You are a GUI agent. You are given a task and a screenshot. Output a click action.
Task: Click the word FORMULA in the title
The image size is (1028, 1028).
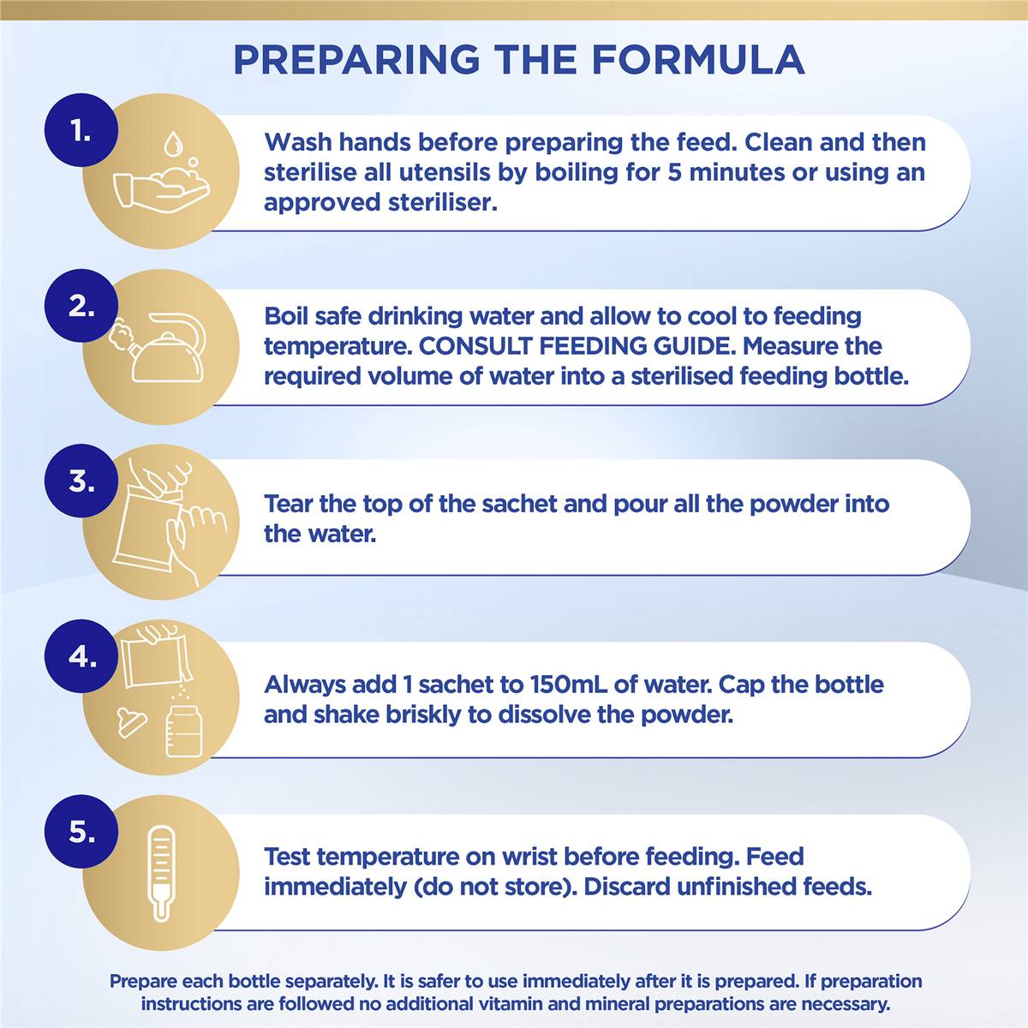tap(698, 59)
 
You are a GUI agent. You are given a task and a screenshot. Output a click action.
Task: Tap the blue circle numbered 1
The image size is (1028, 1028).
tap(81, 131)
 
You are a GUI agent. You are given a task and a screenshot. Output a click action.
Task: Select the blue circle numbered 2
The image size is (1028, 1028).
tap(81, 306)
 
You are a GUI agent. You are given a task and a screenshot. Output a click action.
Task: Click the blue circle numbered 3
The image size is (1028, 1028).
tap(81, 481)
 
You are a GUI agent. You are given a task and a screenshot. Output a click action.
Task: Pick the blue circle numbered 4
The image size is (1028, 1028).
tap(81, 656)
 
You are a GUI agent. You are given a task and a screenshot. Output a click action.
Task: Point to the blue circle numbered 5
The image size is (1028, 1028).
tap(81, 831)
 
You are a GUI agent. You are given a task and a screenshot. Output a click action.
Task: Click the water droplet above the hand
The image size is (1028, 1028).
tap(172, 144)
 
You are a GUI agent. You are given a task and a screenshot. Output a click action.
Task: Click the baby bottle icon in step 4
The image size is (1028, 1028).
tap(184, 732)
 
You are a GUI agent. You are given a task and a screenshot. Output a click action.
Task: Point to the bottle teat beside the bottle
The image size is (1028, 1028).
tap(131, 723)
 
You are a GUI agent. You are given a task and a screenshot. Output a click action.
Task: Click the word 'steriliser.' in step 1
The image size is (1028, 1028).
tap(442, 202)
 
